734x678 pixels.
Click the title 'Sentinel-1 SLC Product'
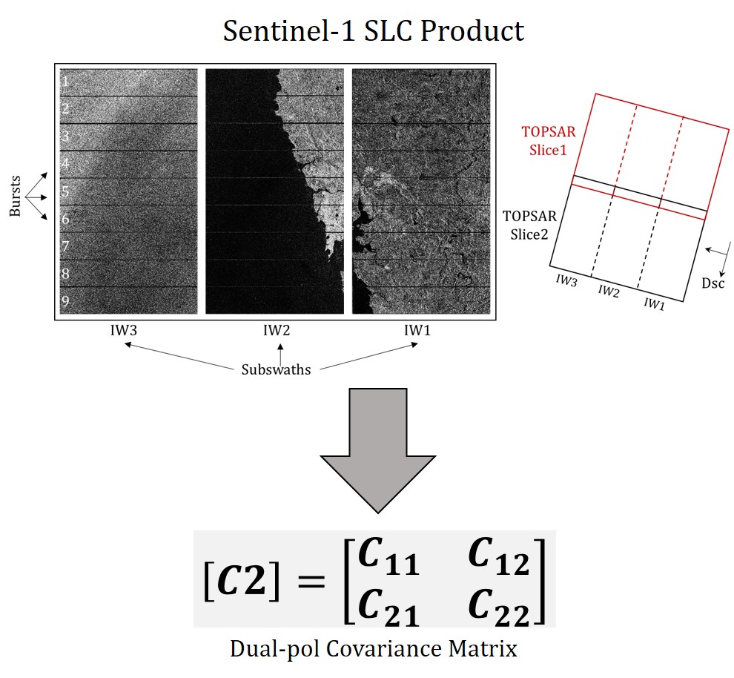tap(374, 30)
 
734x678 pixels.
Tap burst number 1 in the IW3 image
tap(65, 81)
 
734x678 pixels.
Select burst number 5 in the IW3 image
tap(65, 191)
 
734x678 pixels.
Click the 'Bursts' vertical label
tap(16, 198)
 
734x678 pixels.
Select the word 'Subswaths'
tap(276, 369)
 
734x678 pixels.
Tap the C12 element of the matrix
tap(499, 559)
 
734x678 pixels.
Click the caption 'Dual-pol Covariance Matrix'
tap(374, 650)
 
